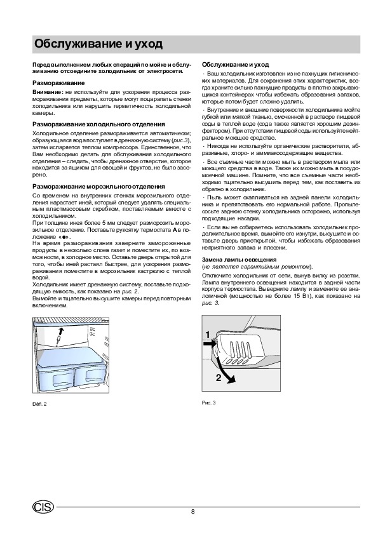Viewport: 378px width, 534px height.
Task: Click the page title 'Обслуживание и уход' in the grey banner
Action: pos(98,44)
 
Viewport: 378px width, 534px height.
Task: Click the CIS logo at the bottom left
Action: pos(43,507)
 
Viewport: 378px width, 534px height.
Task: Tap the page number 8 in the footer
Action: pos(193,512)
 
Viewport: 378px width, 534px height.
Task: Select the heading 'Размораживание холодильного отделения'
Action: pos(98,124)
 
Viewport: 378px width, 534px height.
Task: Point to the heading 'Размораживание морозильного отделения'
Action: pos(98,187)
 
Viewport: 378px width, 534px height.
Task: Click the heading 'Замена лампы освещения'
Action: pos(239,260)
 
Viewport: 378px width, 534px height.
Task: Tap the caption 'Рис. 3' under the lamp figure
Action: pos(208,403)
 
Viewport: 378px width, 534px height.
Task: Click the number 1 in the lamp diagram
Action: pos(208,335)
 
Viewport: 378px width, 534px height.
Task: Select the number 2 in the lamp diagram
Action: pos(219,377)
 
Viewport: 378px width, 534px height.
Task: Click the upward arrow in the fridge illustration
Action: pos(60,335)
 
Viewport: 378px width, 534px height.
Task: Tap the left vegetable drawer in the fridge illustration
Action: pos(55,378)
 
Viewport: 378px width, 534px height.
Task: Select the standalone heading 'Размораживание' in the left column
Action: pos(58,83)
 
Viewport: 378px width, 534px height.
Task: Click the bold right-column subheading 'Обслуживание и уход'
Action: pos(236,65)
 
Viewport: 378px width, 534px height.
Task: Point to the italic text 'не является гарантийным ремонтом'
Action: pos(257,267)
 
